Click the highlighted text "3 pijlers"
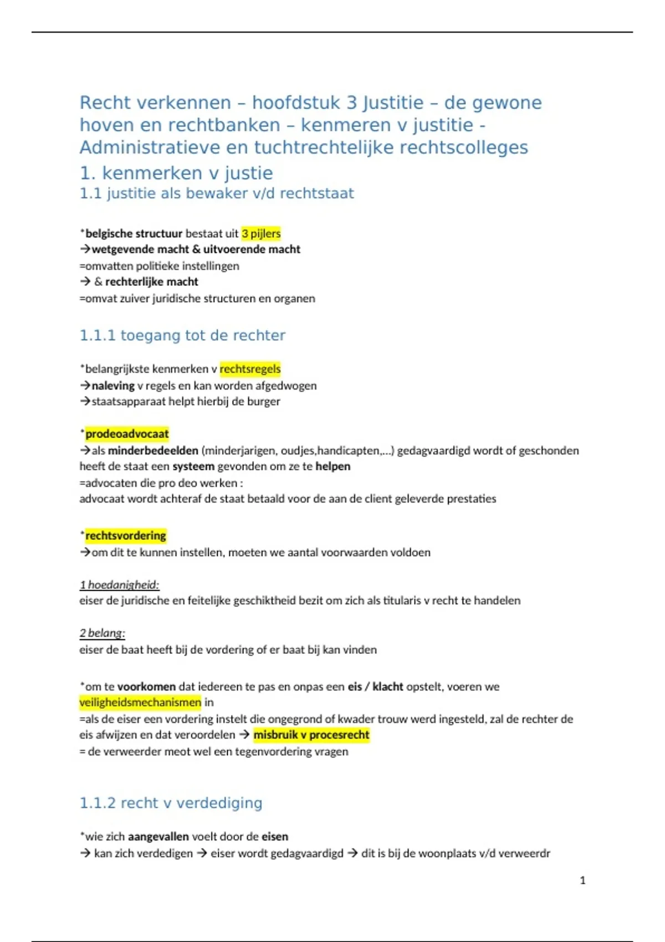pyautogui.click(x=261, y=233)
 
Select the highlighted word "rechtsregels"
pyautogui.click(x=250, y=368)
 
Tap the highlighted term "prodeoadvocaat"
pyautogui.click(x=127, y=433)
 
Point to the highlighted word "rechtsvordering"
pyautogui.click(x=125, y=535)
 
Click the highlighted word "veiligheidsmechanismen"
pyautogui.click(x=140, y=702)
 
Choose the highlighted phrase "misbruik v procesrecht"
pyautogui.click(x=311, y=735)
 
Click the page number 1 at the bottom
pyautogui.click(x=582, y=880)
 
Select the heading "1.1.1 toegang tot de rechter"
pyautogui.click(x=182, y=335)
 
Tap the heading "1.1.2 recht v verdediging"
pyautogui.click(x=171, y=803)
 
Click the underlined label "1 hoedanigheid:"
pyautogui.click(x=119, y=585)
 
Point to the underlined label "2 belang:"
pyautogui.click(x=102, y=633)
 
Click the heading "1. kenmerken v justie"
pyautogui.click(x=176, y=173)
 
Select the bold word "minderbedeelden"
pyautogui.click(x=153, y=450)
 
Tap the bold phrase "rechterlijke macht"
pyautogui.click(x=151, y=281)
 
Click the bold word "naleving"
pyautogui.click(x=113, y=385)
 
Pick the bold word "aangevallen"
pyautogui.click(x=158, y=836)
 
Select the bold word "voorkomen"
pyautogui.click(x=146, y=687)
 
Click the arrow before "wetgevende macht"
pyautogui.click(x=85, y=249)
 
